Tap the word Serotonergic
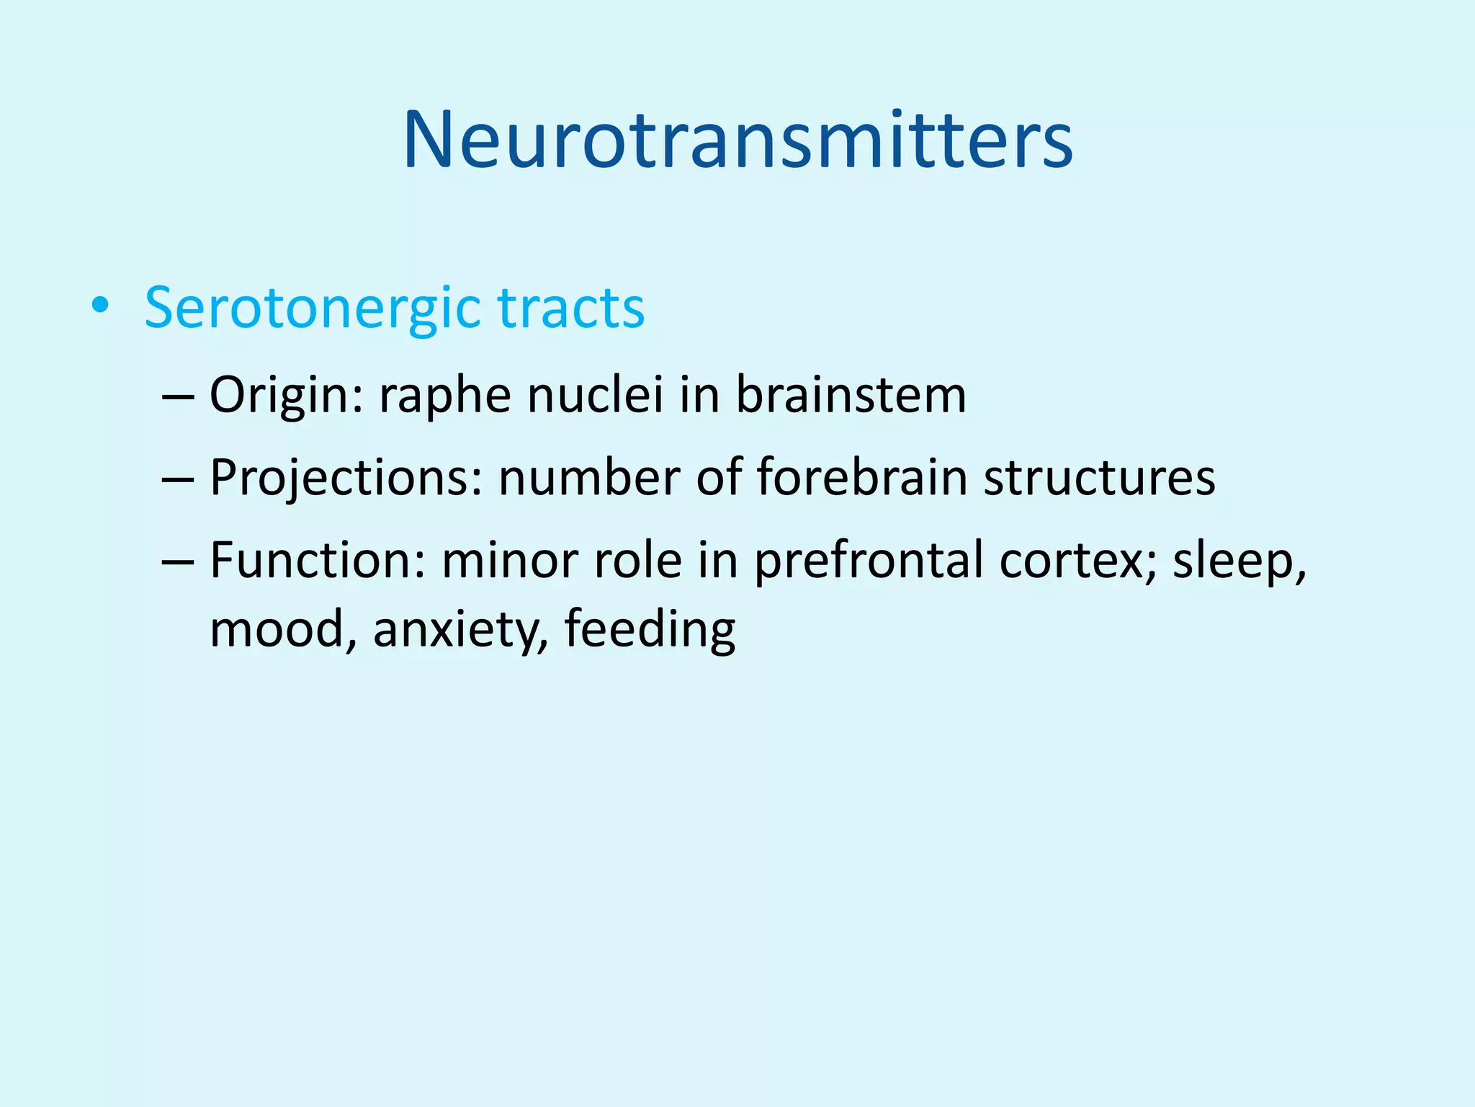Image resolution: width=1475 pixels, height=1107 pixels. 312,308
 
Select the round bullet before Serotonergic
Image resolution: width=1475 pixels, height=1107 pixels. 100,307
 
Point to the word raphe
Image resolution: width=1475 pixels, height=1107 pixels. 445,396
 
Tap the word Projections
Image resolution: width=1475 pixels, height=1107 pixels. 345,478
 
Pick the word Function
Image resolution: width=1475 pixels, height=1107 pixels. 318,560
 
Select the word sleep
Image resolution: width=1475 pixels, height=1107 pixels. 1237,561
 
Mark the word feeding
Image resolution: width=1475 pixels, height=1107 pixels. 650,629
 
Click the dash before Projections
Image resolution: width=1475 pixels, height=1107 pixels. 179,479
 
